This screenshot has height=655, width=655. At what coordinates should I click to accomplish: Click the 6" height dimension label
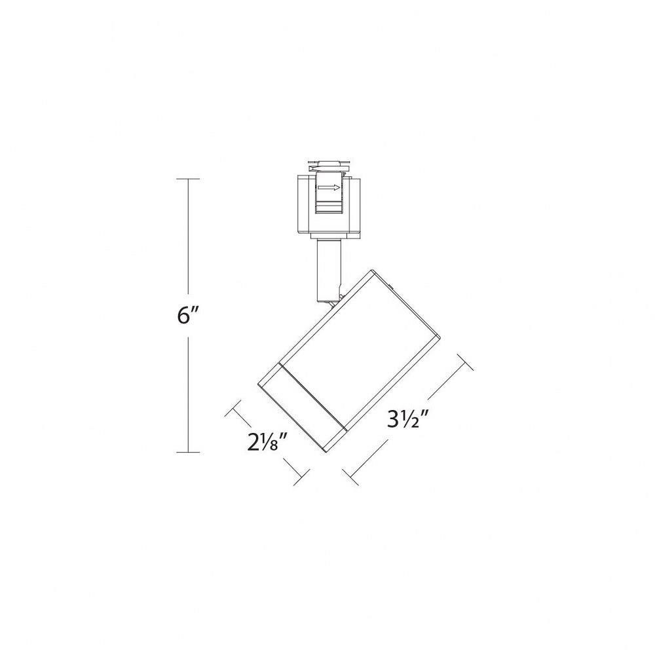click(x=186, y=316)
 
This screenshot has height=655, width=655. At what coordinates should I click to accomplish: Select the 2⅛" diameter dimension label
click(x=268, y=441)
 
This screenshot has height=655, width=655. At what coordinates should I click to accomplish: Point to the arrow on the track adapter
click(x=329, y=187)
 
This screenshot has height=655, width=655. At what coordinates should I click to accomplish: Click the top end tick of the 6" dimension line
click(x=187, y=179)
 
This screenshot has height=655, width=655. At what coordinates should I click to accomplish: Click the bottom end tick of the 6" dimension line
click(x=187, y=452)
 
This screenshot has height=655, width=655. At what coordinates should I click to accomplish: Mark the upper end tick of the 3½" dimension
click(x=465, y=362)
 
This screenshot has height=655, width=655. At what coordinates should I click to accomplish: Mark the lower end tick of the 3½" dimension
click(x=350, y=477)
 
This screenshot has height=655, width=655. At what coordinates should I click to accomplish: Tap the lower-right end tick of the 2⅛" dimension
click(x=301, y=477)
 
